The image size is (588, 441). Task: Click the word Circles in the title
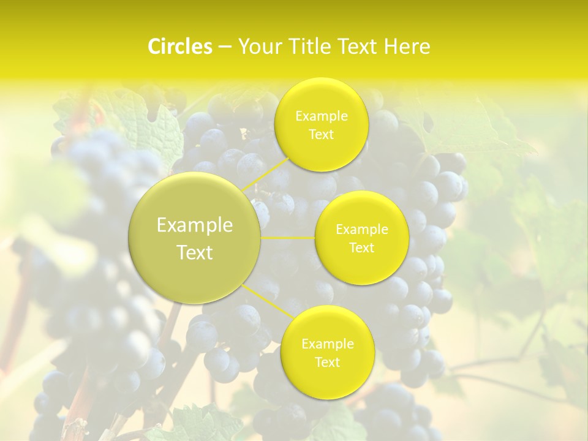pos(180,47)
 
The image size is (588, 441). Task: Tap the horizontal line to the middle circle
pos(288,238)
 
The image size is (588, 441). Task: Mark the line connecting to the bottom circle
pos(268,301)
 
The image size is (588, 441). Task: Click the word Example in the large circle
pos(195,225)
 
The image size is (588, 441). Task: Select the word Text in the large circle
pos(195,252)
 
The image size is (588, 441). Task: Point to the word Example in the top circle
pos(321,116)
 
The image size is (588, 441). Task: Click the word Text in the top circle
pos(321,134)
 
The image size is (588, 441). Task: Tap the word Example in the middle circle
pos(362,229)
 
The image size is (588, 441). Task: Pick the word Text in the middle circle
pos(362,247)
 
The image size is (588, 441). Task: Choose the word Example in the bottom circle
pos(327,344)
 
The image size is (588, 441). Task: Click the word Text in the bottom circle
pos(327,362)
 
